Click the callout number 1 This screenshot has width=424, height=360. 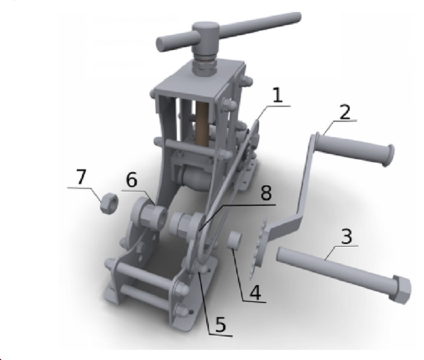[278, 95]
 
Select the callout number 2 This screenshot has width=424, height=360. [345, 112]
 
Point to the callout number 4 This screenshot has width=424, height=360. [255, 293]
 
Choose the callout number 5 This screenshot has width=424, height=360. [220, 324]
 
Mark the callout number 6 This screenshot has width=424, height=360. [132, 180]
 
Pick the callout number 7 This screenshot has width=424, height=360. [82, 177]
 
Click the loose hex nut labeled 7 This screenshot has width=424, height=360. [109, 203]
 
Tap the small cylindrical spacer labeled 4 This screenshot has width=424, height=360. [234, 239]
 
